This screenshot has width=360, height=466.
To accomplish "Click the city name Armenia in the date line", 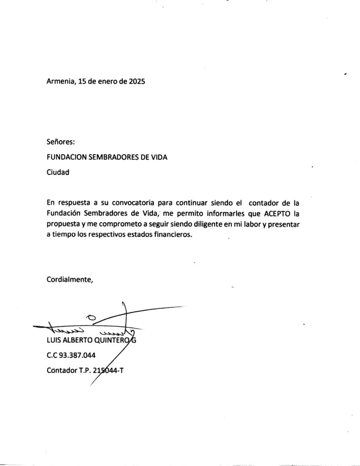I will pos(61,82).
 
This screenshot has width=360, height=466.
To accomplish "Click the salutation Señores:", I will pos(61,142).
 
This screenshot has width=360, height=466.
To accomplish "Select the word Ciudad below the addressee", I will pos(58,172).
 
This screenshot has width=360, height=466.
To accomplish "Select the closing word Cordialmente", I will pos(70,279).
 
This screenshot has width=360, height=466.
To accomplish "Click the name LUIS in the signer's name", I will pos(55,340).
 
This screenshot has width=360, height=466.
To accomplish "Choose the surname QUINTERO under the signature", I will pos(109,340).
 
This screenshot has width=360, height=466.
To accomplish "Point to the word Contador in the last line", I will pos(62,370).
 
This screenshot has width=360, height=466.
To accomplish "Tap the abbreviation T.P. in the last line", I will pos(85,370).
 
